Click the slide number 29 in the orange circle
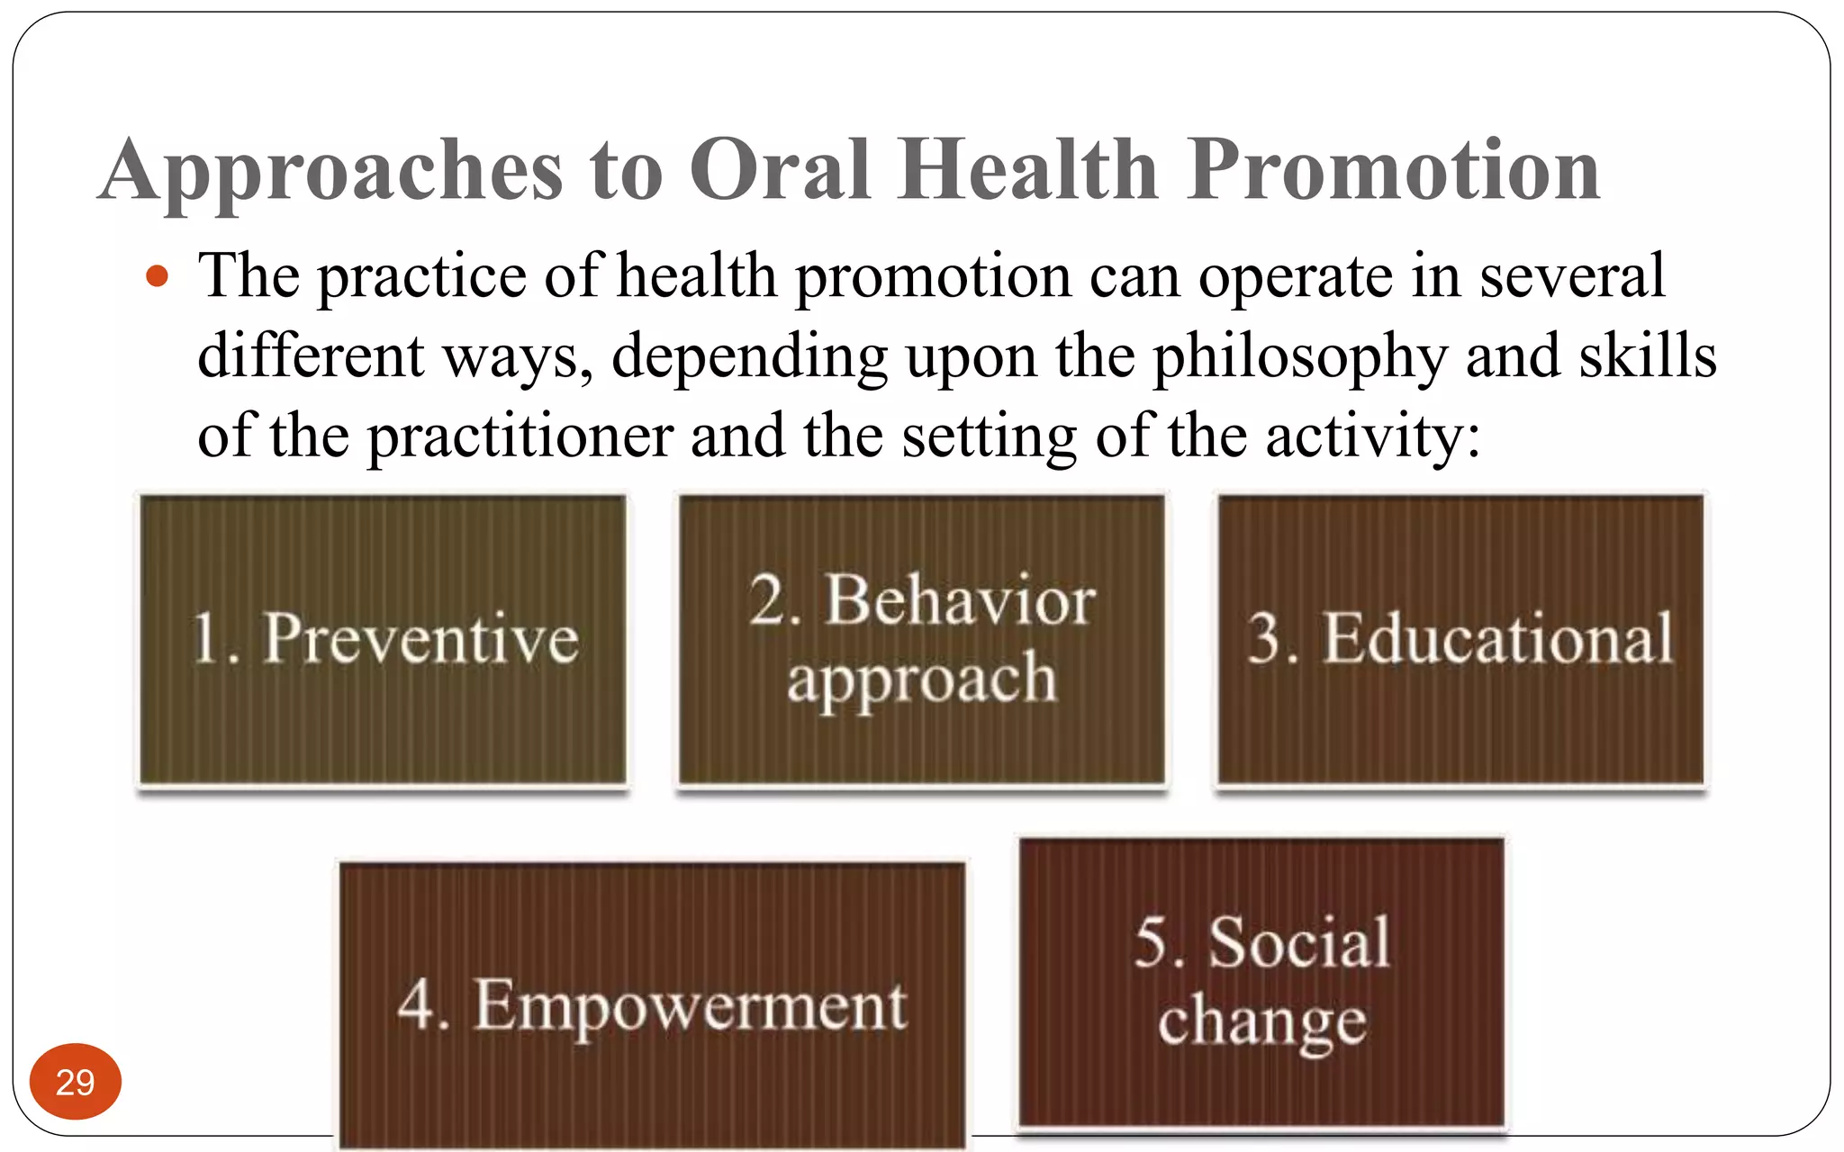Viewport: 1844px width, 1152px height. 75,1082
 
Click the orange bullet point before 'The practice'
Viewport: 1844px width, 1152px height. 158,276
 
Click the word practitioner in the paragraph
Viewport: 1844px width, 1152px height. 520,436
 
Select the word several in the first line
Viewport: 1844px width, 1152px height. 1571,275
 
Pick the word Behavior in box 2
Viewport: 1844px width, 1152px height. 961,600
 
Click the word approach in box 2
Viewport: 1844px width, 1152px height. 921,679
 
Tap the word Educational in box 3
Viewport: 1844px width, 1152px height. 1497,639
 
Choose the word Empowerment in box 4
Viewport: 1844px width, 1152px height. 691,1006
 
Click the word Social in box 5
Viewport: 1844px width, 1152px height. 1299,942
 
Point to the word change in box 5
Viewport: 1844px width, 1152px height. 1261,1022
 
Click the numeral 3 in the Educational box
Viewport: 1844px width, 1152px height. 1266,639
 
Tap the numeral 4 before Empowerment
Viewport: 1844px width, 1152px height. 418,1004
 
